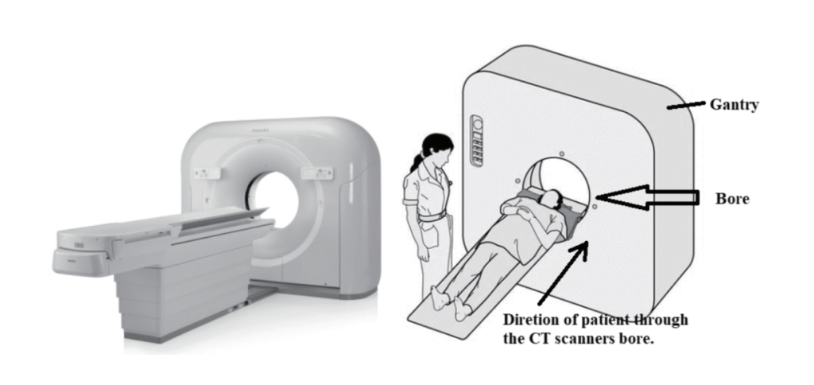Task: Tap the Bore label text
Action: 731,198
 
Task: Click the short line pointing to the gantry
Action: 682,104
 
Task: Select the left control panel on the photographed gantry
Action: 208,173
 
